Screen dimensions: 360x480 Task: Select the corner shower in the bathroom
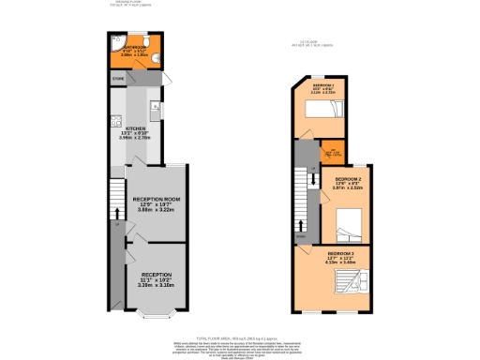click(x=113, y=40)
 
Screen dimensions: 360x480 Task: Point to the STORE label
click(x=119, y=79)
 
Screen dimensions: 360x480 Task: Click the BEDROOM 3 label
click(x=340, y=253)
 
